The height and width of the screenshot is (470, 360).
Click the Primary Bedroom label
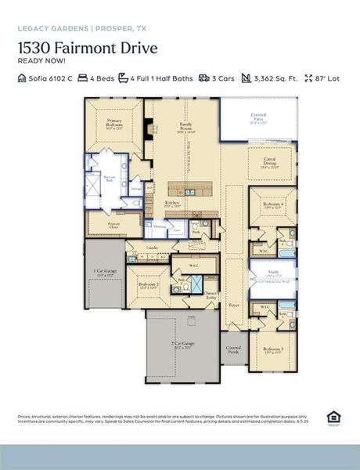tap(113, 123)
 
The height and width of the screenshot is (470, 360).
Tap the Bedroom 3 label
tap(272, 350)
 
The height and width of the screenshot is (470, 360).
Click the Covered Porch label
tap(233, 349)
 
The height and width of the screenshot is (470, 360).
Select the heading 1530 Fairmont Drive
tap(88, 48)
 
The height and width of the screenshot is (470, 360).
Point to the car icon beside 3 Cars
tap(204, 78)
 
